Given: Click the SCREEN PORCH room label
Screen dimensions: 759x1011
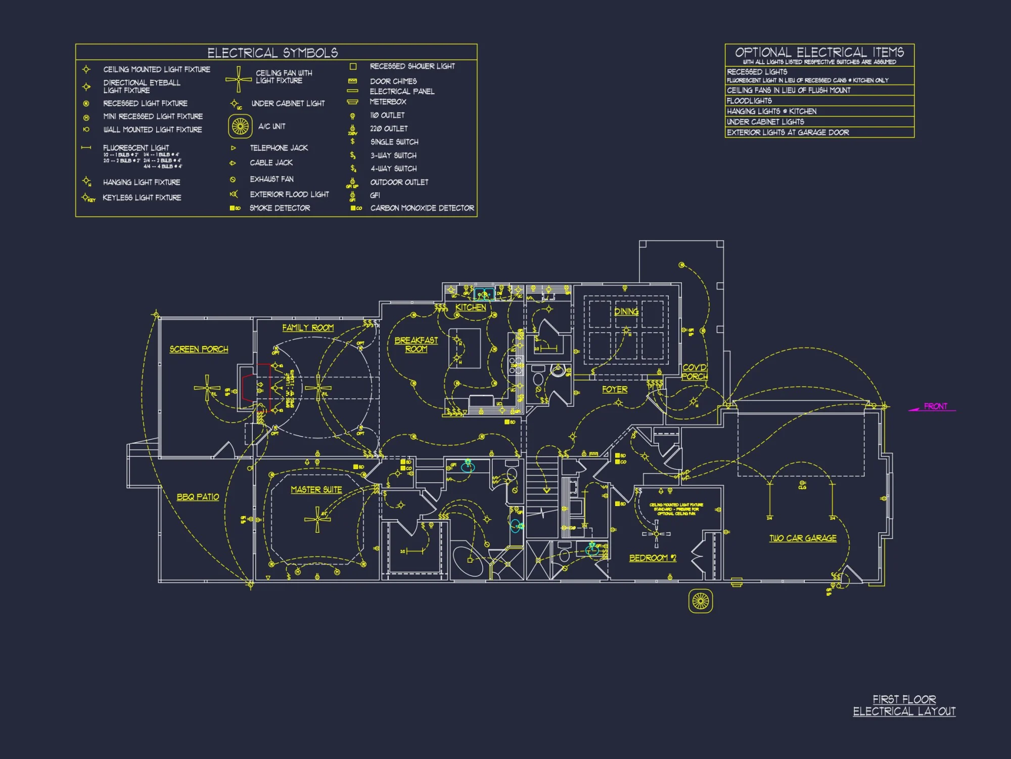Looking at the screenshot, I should (x=199, y=349).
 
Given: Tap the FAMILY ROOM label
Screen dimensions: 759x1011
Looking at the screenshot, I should (x=308, y=328).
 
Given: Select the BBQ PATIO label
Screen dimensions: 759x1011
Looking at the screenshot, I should (x=198, y=497).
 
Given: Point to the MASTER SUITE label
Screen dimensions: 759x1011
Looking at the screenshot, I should (x=316, y=490).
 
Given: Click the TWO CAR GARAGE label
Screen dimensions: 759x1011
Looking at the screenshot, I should (x=803, y=538).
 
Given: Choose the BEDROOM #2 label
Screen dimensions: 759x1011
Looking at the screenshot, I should (x=653, y=558).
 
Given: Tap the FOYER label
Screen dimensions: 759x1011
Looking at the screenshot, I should (x=615, y=390).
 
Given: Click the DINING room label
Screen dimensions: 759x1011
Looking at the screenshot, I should (x=626, y=312).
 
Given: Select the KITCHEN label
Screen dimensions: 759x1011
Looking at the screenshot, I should (x=471, y=308).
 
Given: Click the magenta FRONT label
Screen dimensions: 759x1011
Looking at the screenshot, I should (x=935, y=406).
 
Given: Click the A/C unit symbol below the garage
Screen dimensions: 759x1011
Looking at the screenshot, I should (x=701, y=601).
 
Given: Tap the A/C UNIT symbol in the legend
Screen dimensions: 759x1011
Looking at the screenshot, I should (x=240, y=126).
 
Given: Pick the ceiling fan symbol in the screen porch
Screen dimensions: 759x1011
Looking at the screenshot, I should (x=207, y=388).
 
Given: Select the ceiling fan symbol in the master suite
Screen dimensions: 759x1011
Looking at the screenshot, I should (x=317, y=520).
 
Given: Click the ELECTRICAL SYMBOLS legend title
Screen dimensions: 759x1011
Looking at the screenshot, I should (x=272, y=53).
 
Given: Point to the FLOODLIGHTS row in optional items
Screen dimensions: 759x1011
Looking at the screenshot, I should (x=749, y=101).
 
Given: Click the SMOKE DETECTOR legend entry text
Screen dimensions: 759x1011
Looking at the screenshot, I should (x=280, y=208).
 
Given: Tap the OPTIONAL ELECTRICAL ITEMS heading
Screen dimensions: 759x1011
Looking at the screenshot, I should (x=819, y=52).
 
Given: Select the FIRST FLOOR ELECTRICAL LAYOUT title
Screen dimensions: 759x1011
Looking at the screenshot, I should (x=904, y=705).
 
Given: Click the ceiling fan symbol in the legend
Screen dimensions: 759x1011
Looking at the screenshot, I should (x=239, y=79).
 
